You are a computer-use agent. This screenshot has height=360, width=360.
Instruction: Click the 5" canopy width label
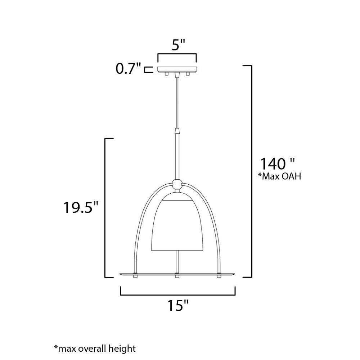[179, 45]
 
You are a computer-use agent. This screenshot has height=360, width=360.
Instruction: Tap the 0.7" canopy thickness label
[128, 68]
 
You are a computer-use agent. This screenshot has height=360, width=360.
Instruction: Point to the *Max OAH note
[279, 176]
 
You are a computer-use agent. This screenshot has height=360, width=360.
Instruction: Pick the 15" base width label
[178, 305]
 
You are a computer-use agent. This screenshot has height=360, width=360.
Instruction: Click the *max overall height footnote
[95, 348]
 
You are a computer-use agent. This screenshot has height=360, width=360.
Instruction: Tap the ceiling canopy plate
[177, 69]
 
